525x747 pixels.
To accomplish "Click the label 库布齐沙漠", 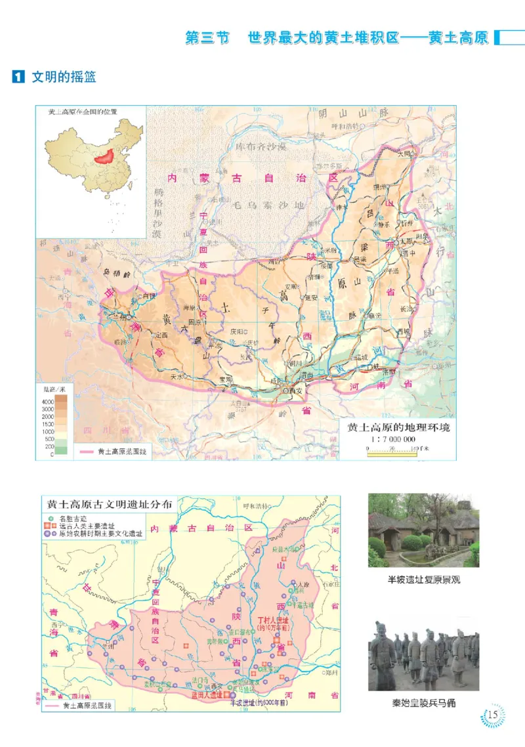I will (262, 145).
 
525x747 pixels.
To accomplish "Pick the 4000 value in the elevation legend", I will (47, 401).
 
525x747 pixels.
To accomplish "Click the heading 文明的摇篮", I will (64, 77).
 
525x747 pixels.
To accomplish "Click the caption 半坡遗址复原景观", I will (423, 580).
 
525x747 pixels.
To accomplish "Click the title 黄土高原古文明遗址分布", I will (110, 505).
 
